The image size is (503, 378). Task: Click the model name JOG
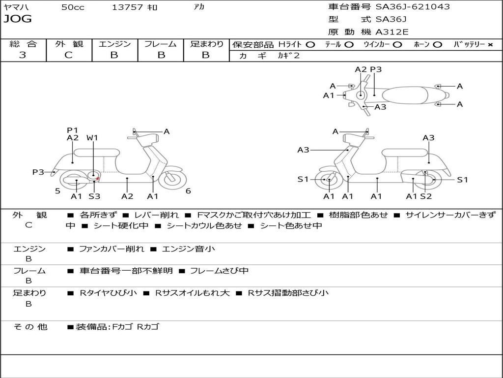pos(18,19)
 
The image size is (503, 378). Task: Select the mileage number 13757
pos(127,7)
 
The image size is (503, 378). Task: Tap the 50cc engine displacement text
pos(73,7)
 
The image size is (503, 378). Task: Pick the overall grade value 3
pos(23,55)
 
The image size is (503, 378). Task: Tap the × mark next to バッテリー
pos(490,44)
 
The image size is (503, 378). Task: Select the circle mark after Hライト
pos(310,44)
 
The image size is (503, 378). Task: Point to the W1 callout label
pos(92,138)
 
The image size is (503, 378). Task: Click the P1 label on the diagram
pos(73,130)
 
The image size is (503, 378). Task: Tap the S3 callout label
pos(94,196)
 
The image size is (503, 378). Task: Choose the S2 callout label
pos(426,196)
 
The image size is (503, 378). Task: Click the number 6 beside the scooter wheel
pos(188,191)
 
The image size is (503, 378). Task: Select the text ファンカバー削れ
pos(112,249)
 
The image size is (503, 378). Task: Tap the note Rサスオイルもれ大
pos(192,293)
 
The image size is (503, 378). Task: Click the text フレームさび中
pos(219,271)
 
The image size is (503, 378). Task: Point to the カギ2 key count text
pos(289,56)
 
